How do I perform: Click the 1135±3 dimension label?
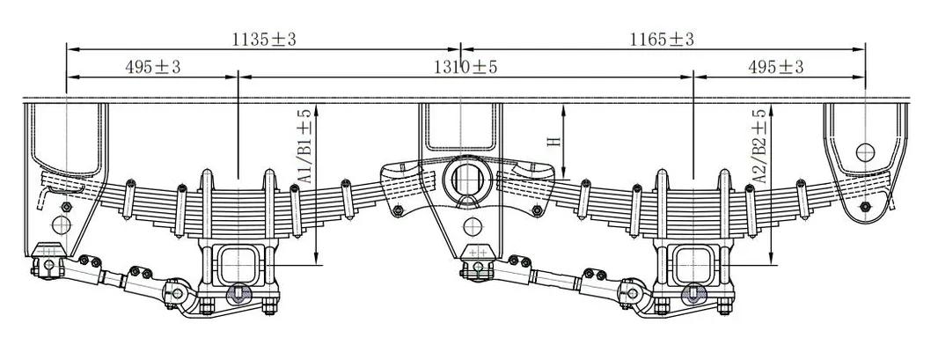click(261, 39)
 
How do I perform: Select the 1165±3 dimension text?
click(662, 39)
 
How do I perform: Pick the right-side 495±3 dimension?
click(775, 67)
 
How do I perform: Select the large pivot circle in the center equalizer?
click(464, 177)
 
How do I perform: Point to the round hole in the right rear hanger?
click(864, 151)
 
